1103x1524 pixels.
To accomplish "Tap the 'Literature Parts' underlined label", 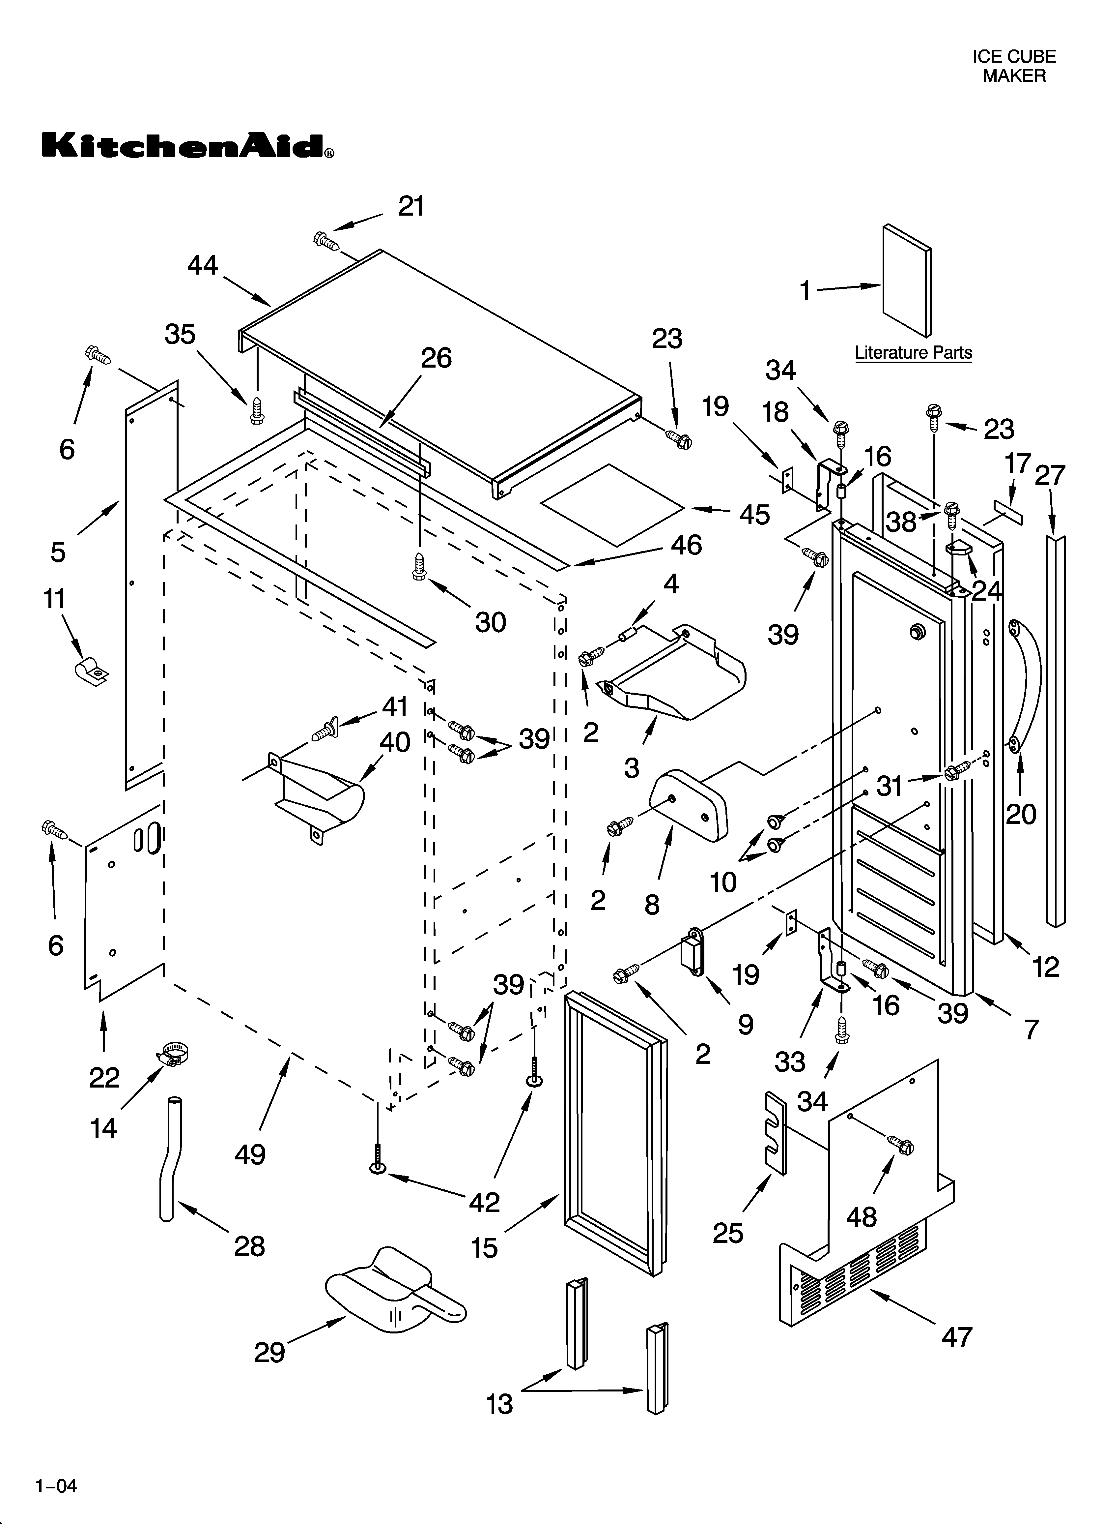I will click(913, 353).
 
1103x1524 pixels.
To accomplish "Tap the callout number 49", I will click(250, 1154).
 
